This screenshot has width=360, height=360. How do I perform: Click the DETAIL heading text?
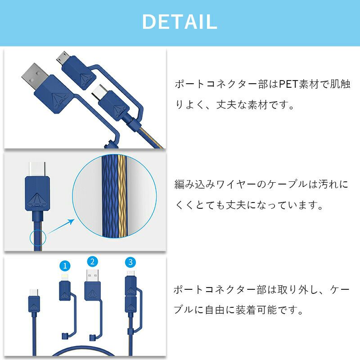(x=180, y=22)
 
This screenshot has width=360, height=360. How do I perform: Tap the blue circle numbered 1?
(x=65, y=266)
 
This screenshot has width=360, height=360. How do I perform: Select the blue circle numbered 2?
(x=93, y=262)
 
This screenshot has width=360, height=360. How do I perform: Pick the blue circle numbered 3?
(x=130, y=262)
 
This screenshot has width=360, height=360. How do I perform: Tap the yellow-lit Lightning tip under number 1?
(x=64, y=277)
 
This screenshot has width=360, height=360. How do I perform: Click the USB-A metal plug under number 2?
(x=93, y=275)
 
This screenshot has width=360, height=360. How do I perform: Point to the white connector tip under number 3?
(x=130, y=274)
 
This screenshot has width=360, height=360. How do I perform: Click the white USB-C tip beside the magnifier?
(x=37, y=169)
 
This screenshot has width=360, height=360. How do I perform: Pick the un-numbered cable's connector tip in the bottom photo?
(x=34, y=292)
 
